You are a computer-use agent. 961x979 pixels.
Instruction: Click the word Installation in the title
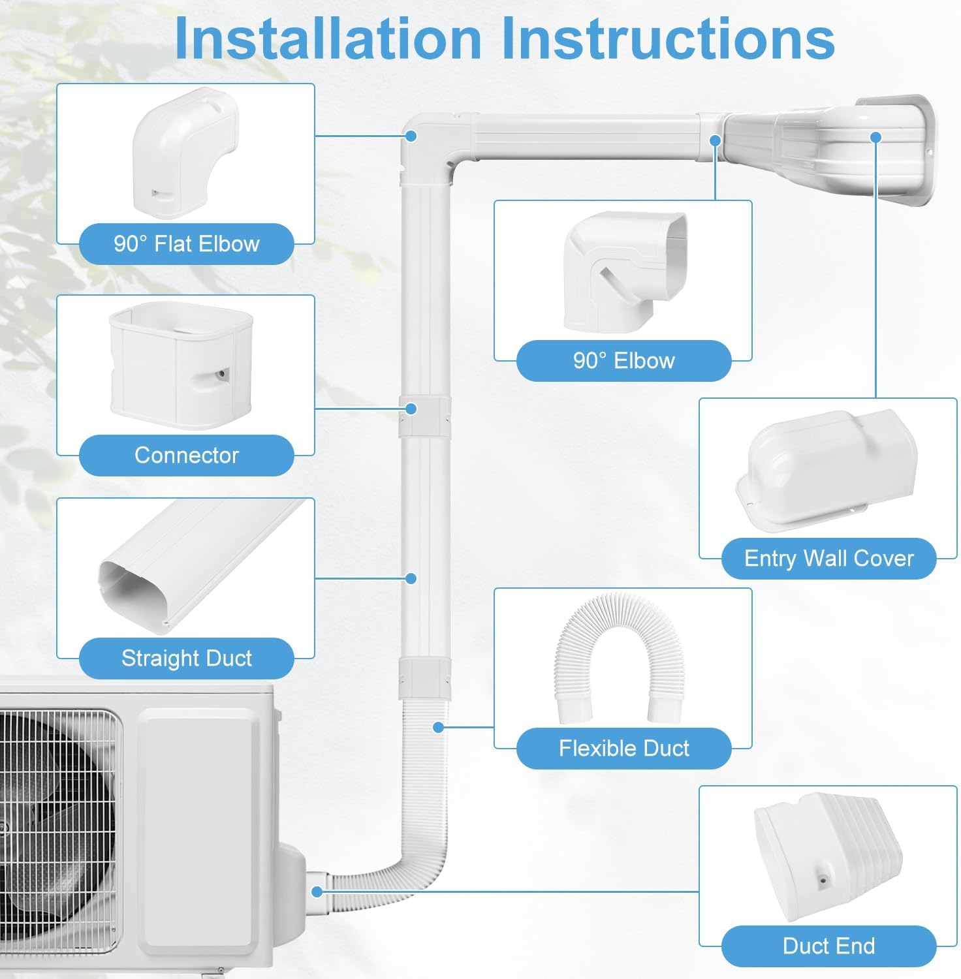328,39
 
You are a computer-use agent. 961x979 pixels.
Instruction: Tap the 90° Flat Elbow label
186,244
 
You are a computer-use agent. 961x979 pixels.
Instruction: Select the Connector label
186,456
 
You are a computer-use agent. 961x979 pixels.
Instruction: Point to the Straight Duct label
186,659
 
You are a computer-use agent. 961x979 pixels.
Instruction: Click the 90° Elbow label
623,361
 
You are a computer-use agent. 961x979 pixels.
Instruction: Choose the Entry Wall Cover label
828,559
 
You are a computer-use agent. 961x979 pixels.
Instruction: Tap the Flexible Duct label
623,749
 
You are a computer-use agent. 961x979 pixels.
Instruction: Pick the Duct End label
828,946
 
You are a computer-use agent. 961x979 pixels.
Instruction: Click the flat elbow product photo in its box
185,153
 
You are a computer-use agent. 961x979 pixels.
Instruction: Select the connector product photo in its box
181,365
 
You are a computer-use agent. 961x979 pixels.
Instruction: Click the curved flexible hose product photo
618,656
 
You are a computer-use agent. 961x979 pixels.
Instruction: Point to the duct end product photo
827,855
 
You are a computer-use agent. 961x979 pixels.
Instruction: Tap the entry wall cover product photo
828,470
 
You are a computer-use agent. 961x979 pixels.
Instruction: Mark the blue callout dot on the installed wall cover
876,137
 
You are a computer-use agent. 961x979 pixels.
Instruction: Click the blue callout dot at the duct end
317,892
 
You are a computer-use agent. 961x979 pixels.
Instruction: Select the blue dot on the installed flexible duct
439,727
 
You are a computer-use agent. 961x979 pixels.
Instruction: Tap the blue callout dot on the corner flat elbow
411,136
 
